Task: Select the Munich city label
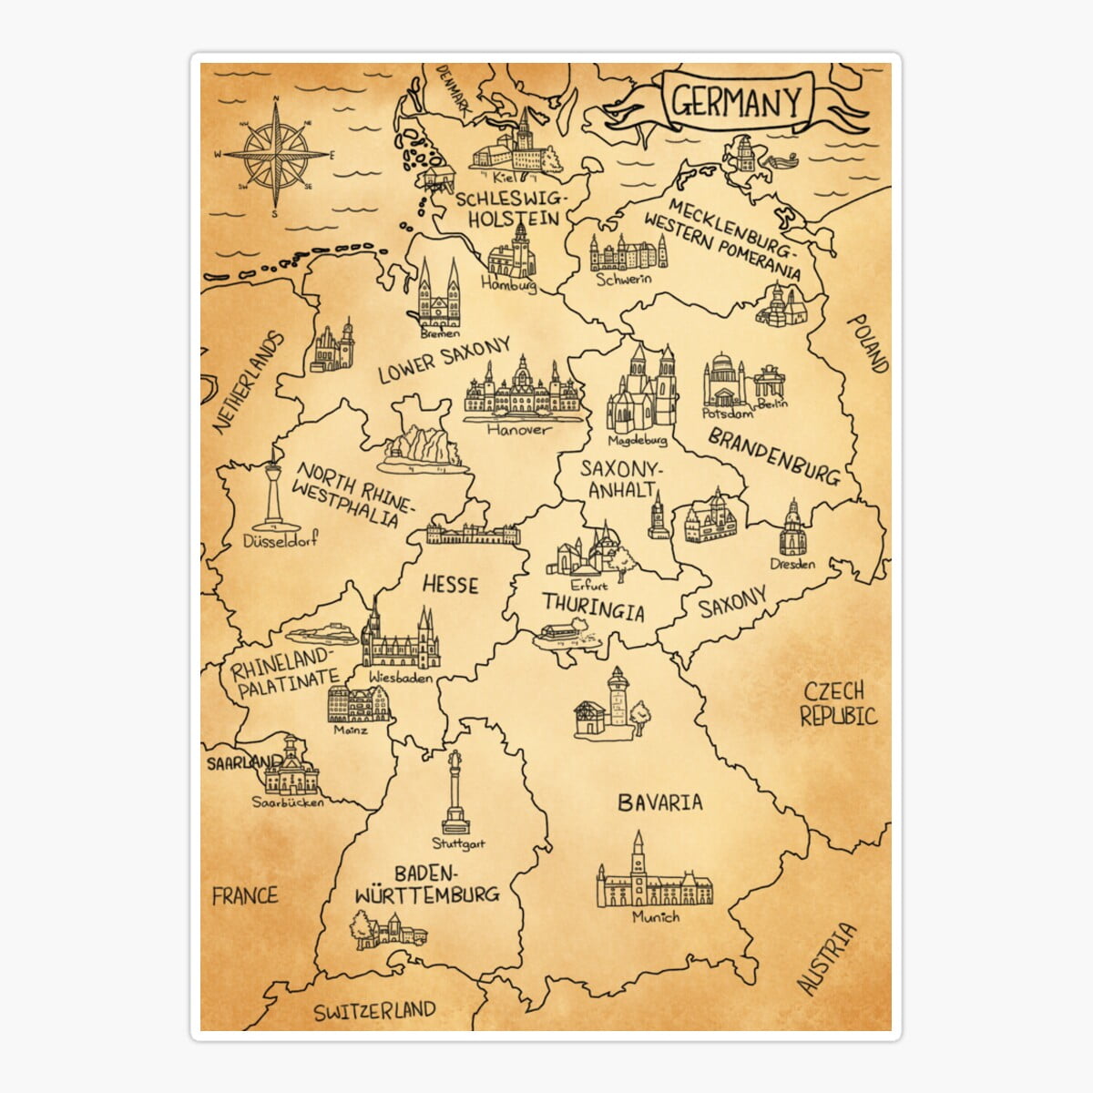coord(656,916)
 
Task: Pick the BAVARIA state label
coord(659,802)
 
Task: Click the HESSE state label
coord(450,584)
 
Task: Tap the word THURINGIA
coord(593,606)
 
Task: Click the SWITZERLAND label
coord(374,1010)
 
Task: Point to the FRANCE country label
coord(244,895)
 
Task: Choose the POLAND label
coord(866,344)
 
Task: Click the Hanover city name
coord(518,429)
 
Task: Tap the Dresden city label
coord(792,564)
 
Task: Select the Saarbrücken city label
coord(288,802)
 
